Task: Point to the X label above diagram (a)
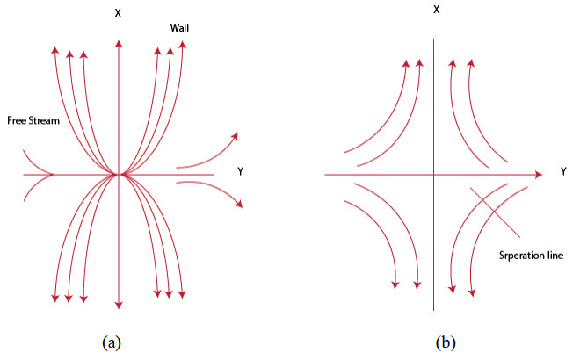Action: (118, 13)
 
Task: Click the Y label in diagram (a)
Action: (240, 171)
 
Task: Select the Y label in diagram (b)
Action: (563, 172)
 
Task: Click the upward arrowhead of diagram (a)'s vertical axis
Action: (118, 42)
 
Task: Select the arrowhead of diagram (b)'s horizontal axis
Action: (538, 176)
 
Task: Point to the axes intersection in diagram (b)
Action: (433, 176)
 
